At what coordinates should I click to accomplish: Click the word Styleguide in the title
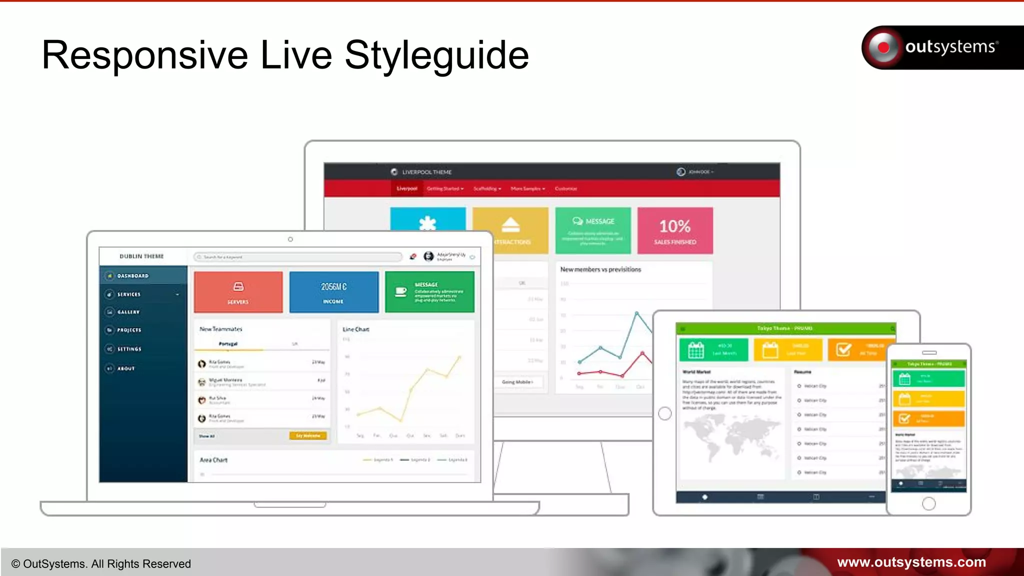(x=436, y=55)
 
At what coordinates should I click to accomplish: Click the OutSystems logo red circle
(x=883, y=47)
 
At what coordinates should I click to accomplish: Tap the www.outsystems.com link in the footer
(x=911, y=562)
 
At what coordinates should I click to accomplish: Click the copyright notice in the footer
(x=101, y=564)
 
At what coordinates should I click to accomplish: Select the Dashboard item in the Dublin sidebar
(x=133, y=276)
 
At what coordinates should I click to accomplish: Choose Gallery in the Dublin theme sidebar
(x=128, y=312)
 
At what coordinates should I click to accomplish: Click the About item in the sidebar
(x=126, y=368)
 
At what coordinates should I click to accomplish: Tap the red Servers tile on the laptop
(x=238, y=292)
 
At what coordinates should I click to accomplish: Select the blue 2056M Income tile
(x=333, y=292)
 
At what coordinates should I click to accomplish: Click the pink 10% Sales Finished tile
(x=675, y=231)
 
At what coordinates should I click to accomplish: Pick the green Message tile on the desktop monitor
(x=593, y=230)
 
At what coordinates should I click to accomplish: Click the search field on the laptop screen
(x=298, y=257)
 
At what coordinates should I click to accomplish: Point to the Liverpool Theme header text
(x=426, y=172)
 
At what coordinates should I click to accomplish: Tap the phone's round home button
(x=928, y=503)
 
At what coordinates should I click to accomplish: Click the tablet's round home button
(x=665, y=413)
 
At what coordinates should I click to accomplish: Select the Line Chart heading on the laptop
(x=356, y=329)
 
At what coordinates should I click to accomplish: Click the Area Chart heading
(x=213, y=460)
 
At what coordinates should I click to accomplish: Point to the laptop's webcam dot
(x=290, y=239)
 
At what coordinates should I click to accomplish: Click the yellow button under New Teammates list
(x=308, y=436)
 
